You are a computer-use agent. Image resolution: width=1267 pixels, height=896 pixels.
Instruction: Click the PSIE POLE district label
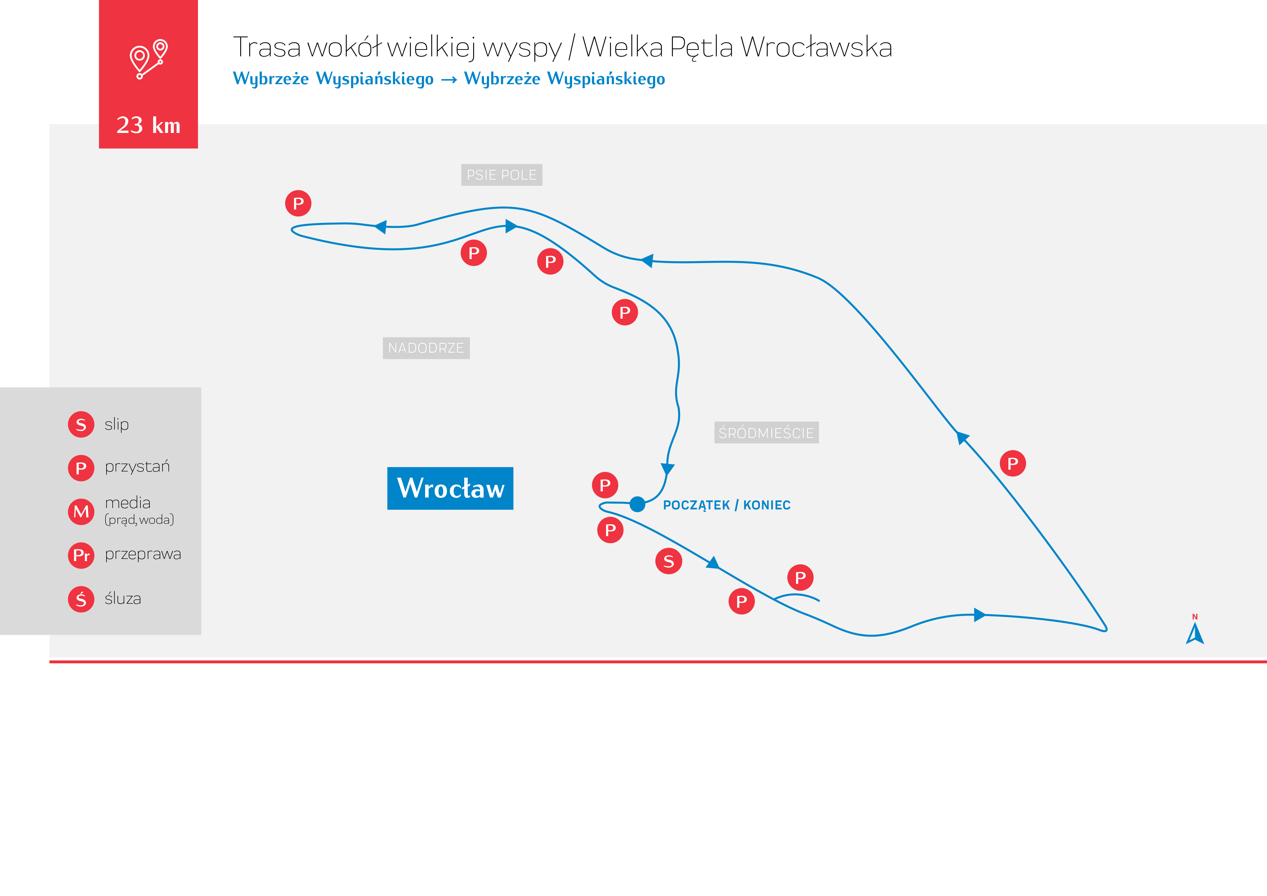tap(502, 175)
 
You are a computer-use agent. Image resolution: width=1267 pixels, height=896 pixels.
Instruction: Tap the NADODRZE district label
tap(426, 348)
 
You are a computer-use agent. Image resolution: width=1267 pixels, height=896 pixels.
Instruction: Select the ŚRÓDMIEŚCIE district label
tap(766, 433)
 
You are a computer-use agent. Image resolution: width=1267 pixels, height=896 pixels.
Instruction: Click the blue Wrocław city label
tap(450, 488)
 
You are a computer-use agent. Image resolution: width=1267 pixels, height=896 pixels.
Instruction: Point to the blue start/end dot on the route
tap(637, 504)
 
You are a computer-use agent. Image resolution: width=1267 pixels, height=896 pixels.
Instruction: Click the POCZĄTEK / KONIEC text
tap(727, 505)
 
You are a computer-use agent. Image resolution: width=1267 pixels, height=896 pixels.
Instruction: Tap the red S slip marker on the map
tap(669, 561)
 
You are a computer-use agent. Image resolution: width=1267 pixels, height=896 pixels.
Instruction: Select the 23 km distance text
tap(148, 125)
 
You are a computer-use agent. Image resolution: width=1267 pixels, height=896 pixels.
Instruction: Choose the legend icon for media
tap(81, 512)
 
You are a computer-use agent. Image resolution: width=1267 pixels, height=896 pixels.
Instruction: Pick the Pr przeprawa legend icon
tap(81, 555)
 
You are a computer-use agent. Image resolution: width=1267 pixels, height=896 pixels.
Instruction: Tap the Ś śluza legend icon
tap(81, 599)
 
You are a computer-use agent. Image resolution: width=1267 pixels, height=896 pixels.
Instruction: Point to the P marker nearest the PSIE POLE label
tap(474, 253)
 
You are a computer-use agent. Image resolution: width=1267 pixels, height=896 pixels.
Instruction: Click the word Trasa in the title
tap(267, 47)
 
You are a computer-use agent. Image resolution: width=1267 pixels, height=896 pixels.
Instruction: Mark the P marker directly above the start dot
tap(605, 485)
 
